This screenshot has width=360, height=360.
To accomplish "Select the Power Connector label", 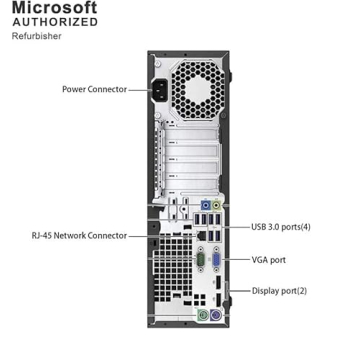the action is click(x=94, y=89).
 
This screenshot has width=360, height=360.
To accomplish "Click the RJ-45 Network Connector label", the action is click(x=79, y=235).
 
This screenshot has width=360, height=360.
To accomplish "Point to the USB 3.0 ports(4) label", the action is click(x=281, y=227).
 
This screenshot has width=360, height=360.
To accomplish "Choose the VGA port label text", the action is click(x=269, y=259).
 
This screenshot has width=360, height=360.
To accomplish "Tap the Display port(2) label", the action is click(x=280, y=291).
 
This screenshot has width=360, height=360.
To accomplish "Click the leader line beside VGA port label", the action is click(x=235, y=259).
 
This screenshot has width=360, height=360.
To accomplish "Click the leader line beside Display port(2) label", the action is click(x=240, y=291).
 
